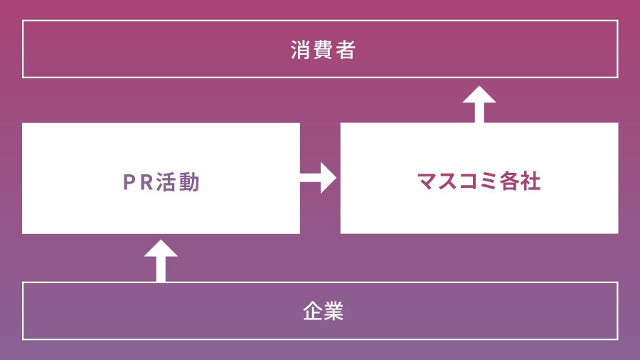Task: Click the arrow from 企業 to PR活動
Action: tap(161, 259)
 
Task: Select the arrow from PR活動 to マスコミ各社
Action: tap(319, 178)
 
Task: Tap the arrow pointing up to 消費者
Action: tap(479, 104)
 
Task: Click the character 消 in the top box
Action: tap(301, 51)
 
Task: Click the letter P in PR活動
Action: tap(129, 183)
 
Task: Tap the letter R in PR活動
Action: tap(149, 183)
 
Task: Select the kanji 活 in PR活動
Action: tap(169, 183)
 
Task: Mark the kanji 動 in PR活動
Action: tap(191, 183)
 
